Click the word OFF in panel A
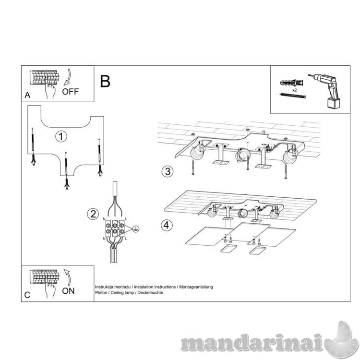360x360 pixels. (x=70, y=92)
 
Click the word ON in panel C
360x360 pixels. (x=68, y=291)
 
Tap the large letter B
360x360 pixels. (x=105, y=81)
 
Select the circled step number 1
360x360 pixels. (x=61, y=136)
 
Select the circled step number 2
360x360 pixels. (x=93, y=214)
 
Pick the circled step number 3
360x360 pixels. (x=168, y=171)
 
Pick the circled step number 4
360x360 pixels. (x=167, y=225)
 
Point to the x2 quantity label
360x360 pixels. (x=295, y=90)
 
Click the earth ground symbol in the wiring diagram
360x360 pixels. (x=136, y=228)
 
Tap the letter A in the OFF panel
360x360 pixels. (x=27, y=95)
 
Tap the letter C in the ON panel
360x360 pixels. (x=27, y=295)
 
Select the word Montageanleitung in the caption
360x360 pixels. (x=196, y=287)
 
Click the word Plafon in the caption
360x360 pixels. (x=101, y=293)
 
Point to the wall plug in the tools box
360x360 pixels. (x=291, y=83)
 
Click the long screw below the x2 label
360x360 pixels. (x=293, y=96)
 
